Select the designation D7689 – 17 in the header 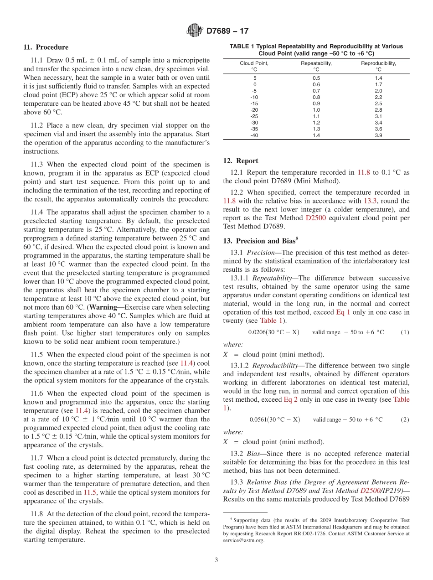(x=227, y=31)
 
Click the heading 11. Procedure (x=46, y=47)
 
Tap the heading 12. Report (x=241, y=161)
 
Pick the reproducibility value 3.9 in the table (x=378, y=135)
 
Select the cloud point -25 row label (x=254, y=116)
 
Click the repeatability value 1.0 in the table (x=316, y=110)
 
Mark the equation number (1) (x=404, y=332)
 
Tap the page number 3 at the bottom (x=216, y=560)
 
